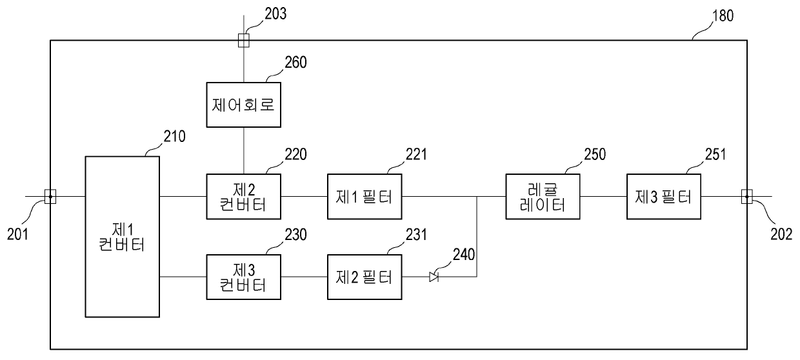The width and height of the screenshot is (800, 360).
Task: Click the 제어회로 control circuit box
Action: pyautogui.click(x=243, y=105)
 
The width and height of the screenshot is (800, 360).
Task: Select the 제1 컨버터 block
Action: pyautogui.click(x=123, y=237)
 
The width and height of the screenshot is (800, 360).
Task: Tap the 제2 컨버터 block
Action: pyautogui.click(x=243, y=196)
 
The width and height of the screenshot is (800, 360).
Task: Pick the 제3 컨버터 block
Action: pyautogui.click(x=243, y=277)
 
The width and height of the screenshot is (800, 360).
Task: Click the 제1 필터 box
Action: pyautogui.click(x=365, y=196)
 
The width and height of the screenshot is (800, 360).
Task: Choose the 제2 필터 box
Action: pyautogui.click(x=365, y=277)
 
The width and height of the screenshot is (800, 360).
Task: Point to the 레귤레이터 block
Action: pyautogui.click(x=543, y=196)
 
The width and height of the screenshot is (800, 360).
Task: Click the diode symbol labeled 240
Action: pyautogui.click(x=434, y=277)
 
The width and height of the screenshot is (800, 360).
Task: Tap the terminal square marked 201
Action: pyautogui.click(x=50, y=196)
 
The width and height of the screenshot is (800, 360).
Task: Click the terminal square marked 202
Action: pyautogui.click(x=746, y=196)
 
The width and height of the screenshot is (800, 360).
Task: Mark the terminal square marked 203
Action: pyautogui.click(x=243, y=41)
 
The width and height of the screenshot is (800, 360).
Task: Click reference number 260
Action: pyautogui.click(x=297, y=63)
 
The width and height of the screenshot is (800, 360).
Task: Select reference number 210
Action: pyautogui.click(x=174, y=136)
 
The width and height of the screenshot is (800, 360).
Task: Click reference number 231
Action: pyautogui.click(x=417, y=236)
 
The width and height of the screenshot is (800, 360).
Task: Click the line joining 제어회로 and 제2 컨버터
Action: pyautogui.click(x=243, y=150)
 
